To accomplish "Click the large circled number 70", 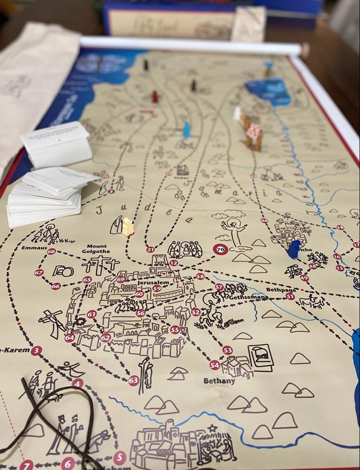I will click(x=220, y=249).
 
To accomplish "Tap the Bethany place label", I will click(x=219, y=381).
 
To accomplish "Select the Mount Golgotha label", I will click(x=95, y=248).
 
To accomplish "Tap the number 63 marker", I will click(x=133, y=380).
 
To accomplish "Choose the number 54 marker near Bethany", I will click(x=215, y=365).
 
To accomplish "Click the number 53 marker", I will click(x=228, y=350).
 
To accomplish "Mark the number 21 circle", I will click(x=151, y=250).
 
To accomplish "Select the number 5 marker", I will click(x=119, y=458).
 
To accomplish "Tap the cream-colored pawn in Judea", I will click(x=128, y=227).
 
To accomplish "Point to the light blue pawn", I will click(x=186, y=130).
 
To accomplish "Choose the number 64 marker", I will click(x=69, y=338).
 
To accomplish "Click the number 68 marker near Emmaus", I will click(x=51, y=251).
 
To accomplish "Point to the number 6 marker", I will click(x=68, y=463).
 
